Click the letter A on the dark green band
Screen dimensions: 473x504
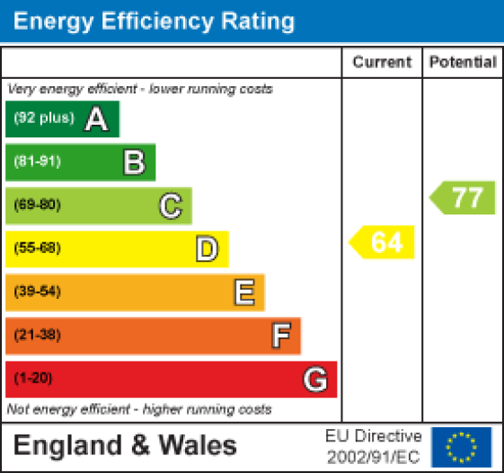(96, 119)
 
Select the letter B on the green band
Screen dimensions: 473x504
(134, 162)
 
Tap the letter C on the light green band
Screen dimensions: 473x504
(171, 206)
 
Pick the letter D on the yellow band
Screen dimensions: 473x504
(207, 249)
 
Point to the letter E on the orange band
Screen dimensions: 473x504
(243, 292)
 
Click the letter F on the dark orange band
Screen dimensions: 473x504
(281, 336)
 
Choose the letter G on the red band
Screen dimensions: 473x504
(314, 380)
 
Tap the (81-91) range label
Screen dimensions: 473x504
(37, 162)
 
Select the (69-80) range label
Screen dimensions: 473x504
(37, 206)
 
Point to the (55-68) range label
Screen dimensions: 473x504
(37, 249)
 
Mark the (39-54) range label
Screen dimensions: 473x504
(37, 292)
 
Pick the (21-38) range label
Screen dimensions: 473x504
(37, 336)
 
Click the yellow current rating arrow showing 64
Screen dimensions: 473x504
(384, 242)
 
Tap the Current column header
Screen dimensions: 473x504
(382, 63)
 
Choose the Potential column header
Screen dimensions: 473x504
(463, 63)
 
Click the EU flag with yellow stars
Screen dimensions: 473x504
(462, 446)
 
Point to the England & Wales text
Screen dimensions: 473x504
(125, 446)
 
